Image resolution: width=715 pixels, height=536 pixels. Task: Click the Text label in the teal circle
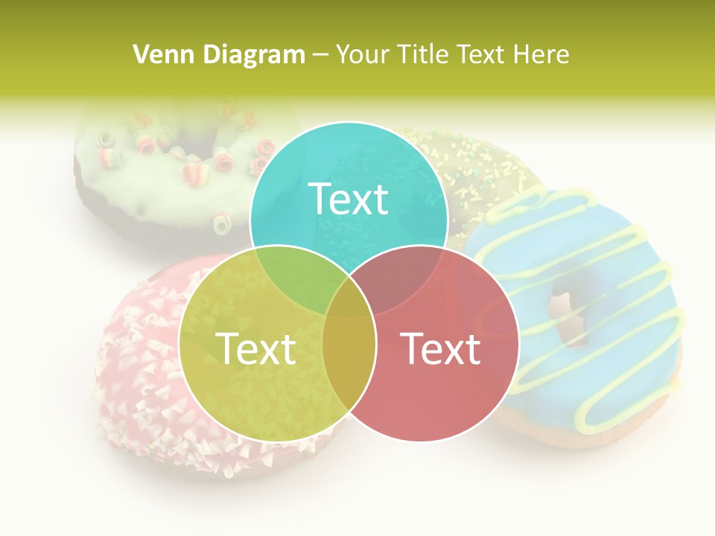349,199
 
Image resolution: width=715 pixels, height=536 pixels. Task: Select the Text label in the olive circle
255,348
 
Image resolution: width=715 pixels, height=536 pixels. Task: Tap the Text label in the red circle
440,348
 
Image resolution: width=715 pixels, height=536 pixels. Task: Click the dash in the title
321,54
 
